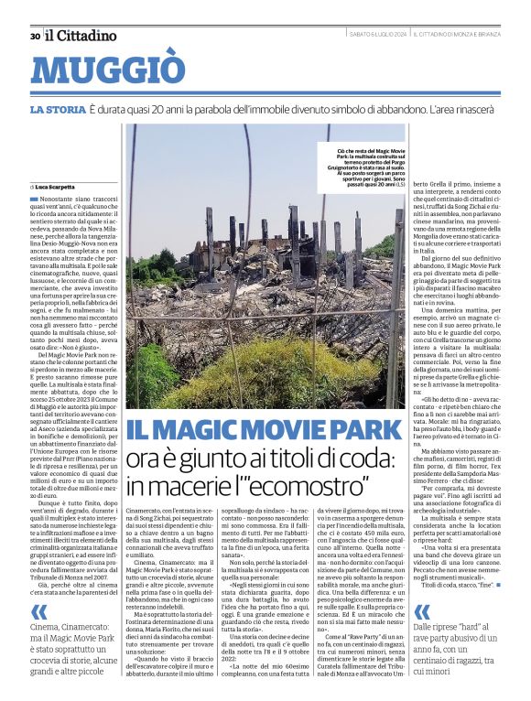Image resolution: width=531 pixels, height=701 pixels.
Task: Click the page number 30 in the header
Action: pyautogui.click(x=35, y=37)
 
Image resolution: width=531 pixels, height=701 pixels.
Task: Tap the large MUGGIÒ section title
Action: pyautogui.click(x=105, y=71)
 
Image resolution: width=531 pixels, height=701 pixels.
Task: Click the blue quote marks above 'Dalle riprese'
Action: pyautogui.click(x=422, y=587)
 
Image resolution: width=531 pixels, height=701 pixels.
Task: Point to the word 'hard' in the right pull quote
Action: pyautogui.click(x=486, y=601)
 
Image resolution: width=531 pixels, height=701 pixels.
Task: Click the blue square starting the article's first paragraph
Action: pyautogui.click(x=34, y=198)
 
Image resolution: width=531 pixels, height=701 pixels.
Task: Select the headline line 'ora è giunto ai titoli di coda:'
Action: pyautogui.click(x=259, y=456)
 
